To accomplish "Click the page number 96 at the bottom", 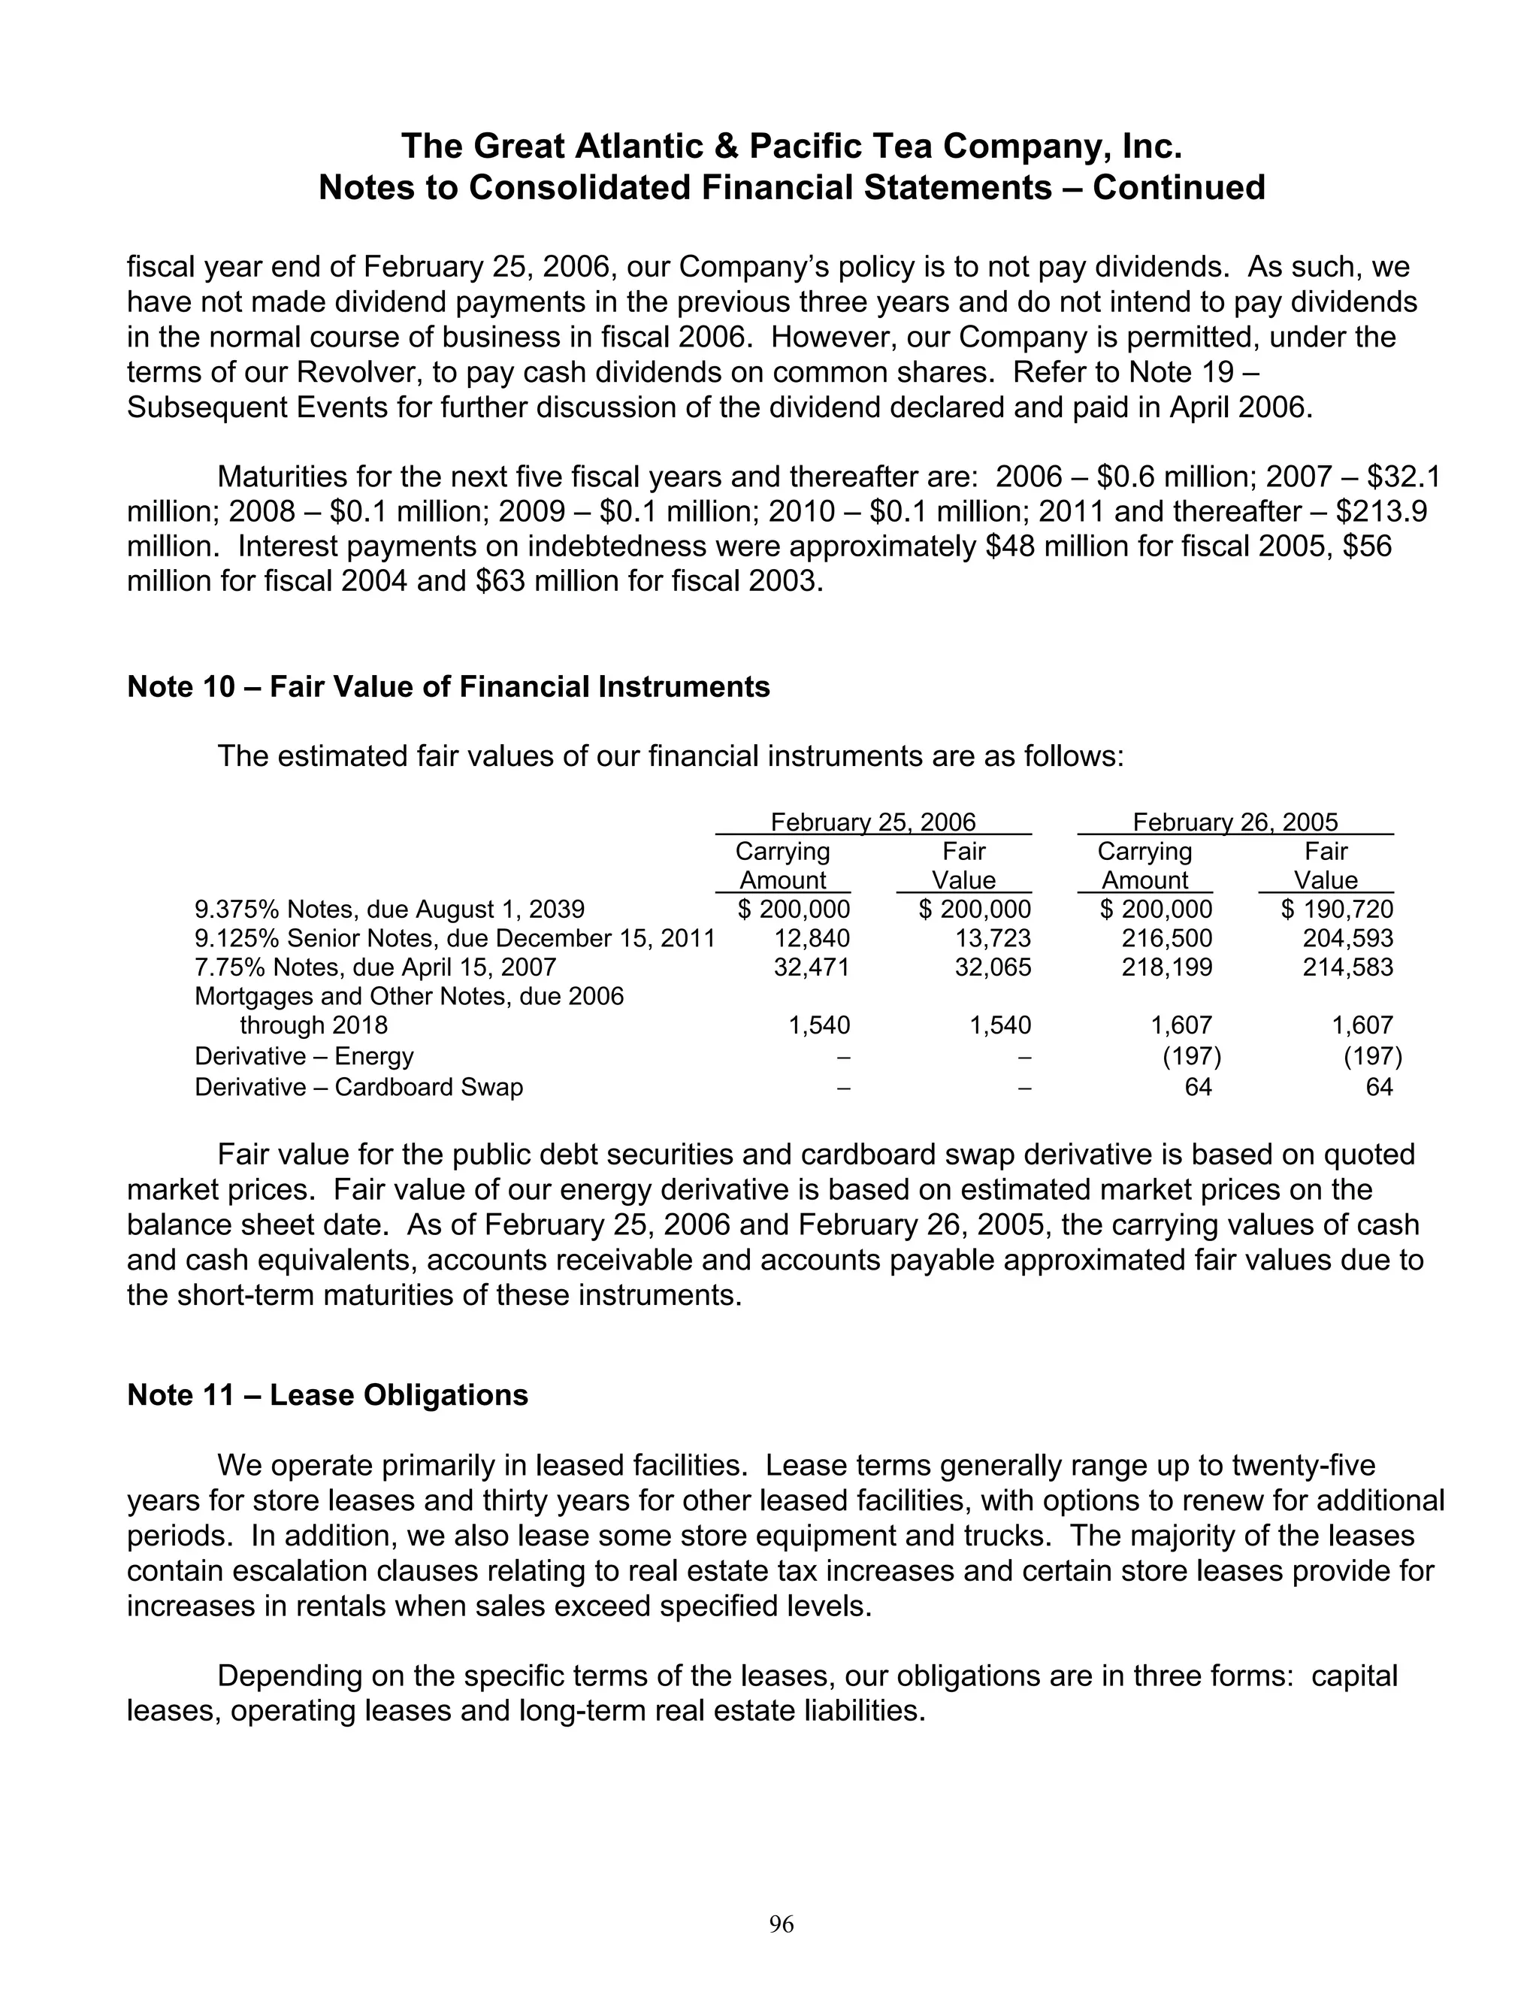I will (x=782, y=1924).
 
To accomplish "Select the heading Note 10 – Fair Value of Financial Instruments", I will (x=448, y=687).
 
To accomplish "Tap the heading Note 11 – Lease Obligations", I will (x=328, y=1395).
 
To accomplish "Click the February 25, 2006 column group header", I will (x=872, y=822).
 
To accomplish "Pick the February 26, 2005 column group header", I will (x=1235, y=822).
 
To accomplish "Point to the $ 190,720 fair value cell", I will (x=1337, y=910).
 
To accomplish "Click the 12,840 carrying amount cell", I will (x=812, y=939).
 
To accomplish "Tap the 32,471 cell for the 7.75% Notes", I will (x=812, y=967).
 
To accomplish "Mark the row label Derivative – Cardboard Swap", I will (x=358, y=1087).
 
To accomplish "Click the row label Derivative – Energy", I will (x=304, y=1056).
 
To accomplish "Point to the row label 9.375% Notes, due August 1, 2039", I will (x=389, y=910).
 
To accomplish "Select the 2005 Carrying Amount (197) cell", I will (x=1192, y=1056).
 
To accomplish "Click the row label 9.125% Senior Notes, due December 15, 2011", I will (x=454, y=939).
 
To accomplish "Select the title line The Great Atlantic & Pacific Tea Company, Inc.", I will (x=791, y=146).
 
